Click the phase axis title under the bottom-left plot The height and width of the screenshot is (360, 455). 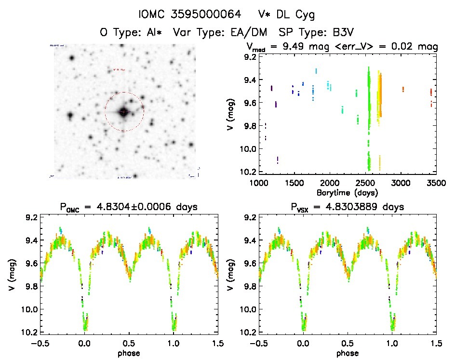pyautogui.click(x=129, y=353)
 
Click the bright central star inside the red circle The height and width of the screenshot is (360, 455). pyautogui.click(x=124, y=112)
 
